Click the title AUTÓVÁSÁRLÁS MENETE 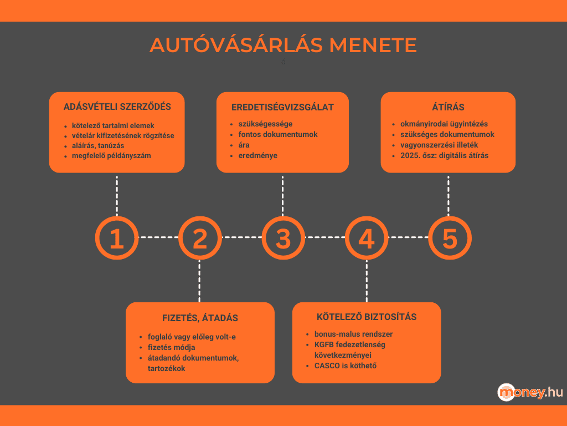(283, 45)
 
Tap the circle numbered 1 (116, 238)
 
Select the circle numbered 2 (199, 238)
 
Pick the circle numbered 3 (283, 238)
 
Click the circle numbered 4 (367, 238)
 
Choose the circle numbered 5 (450, 238)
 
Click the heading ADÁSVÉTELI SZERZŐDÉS (117, 106)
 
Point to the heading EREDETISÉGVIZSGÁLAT (282, 107)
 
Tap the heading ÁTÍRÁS (448, 107)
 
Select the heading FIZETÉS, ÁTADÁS (200, 318)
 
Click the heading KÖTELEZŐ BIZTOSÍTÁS (367, 317)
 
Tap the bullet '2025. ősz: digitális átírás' (444, 155)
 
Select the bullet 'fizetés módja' (171, 347)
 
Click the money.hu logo (530, 392)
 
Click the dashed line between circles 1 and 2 (158, 237)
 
